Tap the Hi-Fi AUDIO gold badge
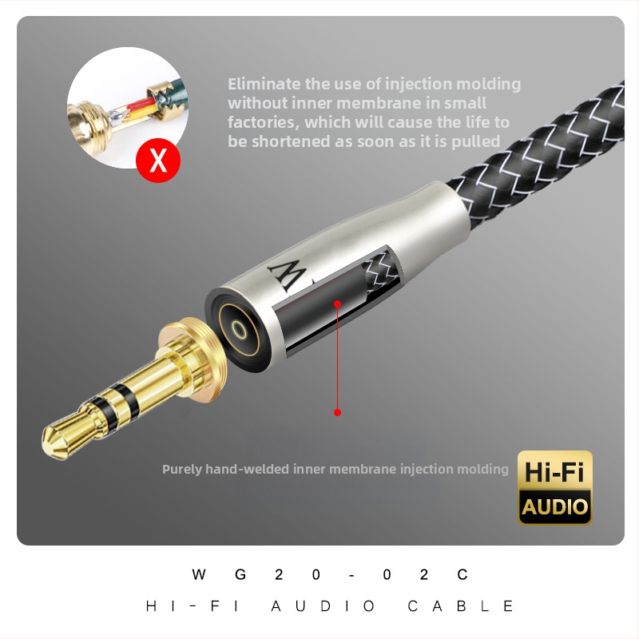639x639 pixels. [x=555, y=487]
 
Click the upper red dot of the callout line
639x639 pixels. [x=338, y=304]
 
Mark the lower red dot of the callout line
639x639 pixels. [x=338, y=412]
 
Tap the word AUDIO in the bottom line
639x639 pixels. [x=323, y=606]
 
